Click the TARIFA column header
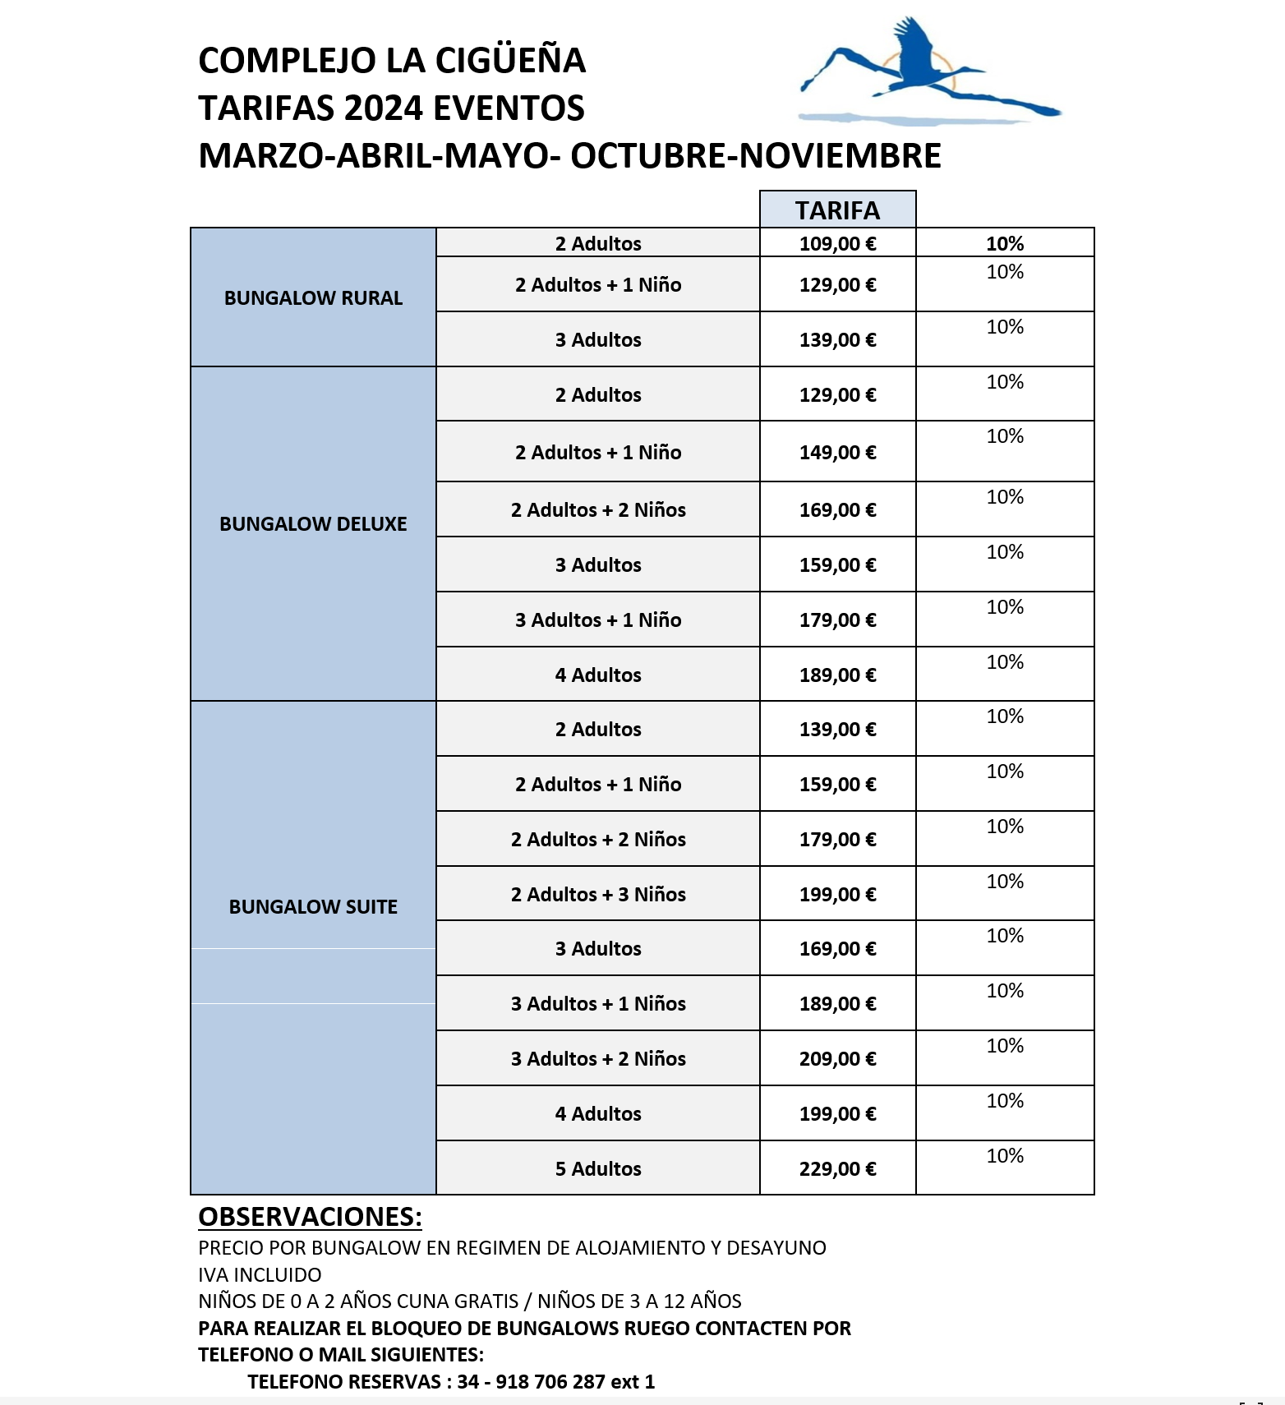(x=837, y=210)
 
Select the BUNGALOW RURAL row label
(x=313, y=297)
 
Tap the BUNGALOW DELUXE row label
(x=313, y=523)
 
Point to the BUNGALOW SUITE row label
(x=313, y=906)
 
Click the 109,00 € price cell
(x=837, y=243)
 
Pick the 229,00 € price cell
(x=837, y=1168)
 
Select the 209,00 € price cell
(x=837, y=1058)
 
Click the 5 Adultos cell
(x=598, y=1168)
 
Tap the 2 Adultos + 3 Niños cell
(x=598, y=894)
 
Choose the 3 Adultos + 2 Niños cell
(x=598, y=1058)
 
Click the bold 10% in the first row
(x=1005, y=243)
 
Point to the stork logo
(x=928, y=74)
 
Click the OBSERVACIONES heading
(x=310, y=1216)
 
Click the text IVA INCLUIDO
(x=260, y=1274)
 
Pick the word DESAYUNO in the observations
(x=776, y=1247)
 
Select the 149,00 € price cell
(x=837, y=452)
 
